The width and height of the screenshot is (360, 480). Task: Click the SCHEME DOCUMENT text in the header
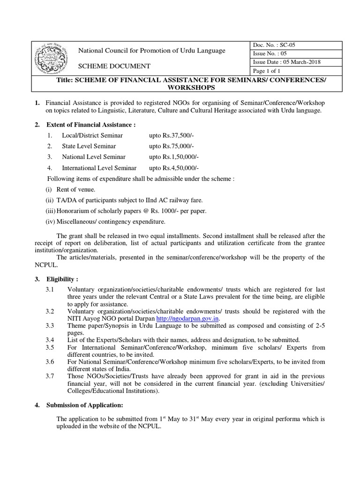114,67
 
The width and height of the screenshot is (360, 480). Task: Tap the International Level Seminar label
99,168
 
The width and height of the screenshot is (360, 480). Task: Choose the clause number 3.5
50,347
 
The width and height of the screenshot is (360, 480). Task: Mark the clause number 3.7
50,376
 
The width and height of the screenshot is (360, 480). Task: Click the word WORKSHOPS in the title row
180,88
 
